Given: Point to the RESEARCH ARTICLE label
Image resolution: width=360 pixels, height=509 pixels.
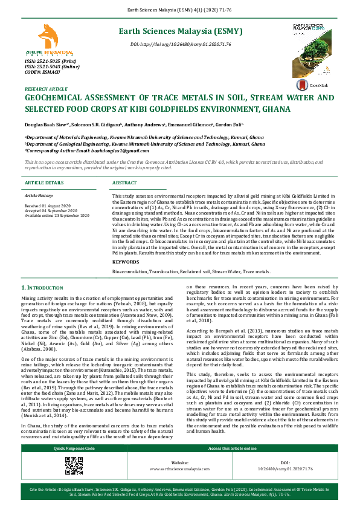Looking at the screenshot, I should (44, 89).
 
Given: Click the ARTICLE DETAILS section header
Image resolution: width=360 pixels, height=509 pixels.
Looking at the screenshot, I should (43, 182).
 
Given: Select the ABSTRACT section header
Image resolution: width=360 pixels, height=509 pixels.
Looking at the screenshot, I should (124, 182).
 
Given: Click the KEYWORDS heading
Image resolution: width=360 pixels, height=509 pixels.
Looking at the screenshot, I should (126, 261).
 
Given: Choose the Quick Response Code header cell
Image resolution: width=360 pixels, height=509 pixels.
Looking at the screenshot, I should (74, 448).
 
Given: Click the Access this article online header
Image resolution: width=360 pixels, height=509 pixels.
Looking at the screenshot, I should (232, 448).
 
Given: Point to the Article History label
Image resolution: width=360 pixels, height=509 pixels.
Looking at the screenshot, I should (39, 196).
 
